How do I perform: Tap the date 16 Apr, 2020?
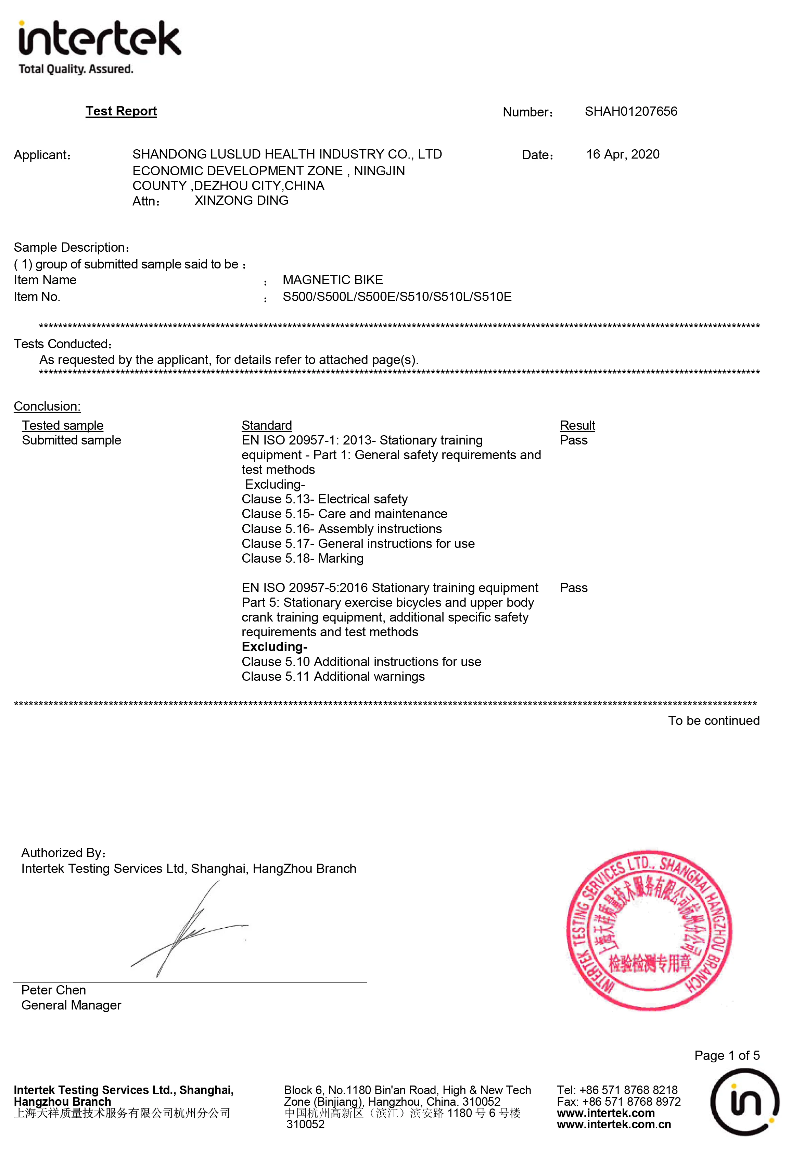click(623, 154)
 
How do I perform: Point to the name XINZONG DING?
click(241, 200)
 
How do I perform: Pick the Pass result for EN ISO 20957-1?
click(573, 440)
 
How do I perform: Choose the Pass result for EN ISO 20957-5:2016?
click(573, 588)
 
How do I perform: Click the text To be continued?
click(713, 720)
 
